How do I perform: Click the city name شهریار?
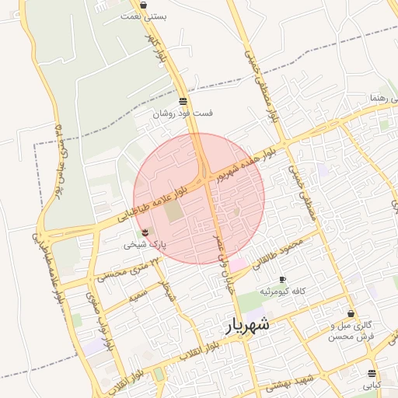tap(247, 325)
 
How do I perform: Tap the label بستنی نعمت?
tap(149, 16)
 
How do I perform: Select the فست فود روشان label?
tap(182, 113)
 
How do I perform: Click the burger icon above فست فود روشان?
tap(183, 101)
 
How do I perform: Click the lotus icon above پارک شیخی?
tap(145, 232)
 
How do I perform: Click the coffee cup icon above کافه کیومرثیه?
tap(281, 278)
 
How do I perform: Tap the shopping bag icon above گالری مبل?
tap(352, 313)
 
